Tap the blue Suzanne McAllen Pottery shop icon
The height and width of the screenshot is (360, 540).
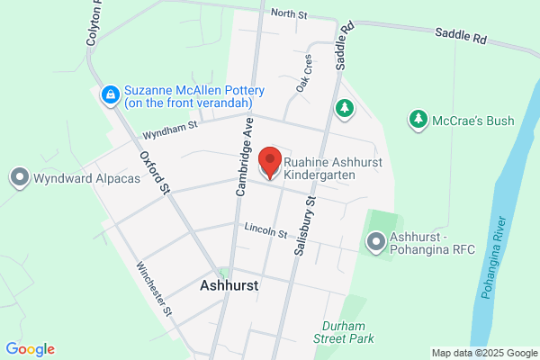coord(110,93)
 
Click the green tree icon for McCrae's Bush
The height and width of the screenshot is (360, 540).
coord(418,118)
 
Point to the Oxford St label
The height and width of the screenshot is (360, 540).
coord(155,171)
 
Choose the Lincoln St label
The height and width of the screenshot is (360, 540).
coord(265,232)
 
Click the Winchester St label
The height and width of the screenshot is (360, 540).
coord(154,288)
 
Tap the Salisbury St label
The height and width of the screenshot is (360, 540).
coord(303,229)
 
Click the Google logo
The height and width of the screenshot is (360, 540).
coord(30,349)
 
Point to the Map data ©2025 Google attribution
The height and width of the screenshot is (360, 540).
coord(482,352)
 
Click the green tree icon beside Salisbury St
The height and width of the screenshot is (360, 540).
coord(344,109)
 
